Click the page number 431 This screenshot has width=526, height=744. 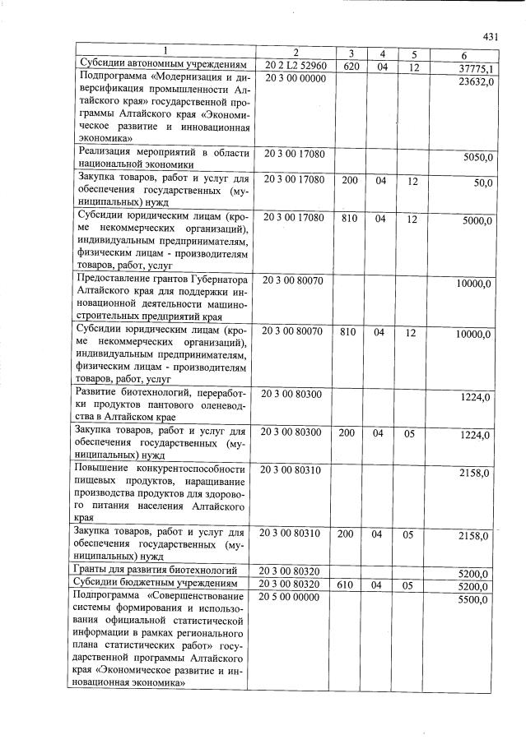[491, 37]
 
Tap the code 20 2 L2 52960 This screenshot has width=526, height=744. [296, 65]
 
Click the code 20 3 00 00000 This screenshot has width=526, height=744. [295, 78]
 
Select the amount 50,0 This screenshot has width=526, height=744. [482, 183]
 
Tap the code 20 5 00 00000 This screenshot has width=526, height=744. [295, 597]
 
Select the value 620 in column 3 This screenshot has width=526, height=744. [349, 65]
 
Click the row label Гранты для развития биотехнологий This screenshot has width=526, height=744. [159, 570]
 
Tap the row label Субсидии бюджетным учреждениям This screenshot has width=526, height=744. [159, 583]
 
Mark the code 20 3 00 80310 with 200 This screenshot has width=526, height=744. [294, 534]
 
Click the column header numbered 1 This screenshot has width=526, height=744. [165, 52]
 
